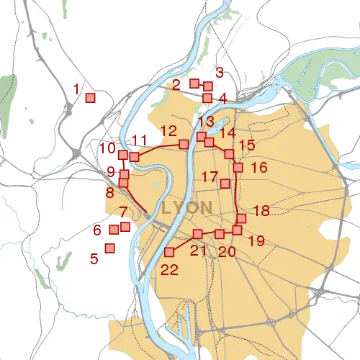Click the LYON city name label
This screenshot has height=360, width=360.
pyautogui.click(x=187, y=207)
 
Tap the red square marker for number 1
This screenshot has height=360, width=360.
pyautogui.click(x=91, y=98)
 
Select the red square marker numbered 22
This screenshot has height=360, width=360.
pyautogui.click(x=171, y=252)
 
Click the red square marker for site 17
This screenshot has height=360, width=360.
pyautogui.click(x=225, y=184)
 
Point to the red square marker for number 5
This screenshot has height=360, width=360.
pyautogui.click(x=110, y=248)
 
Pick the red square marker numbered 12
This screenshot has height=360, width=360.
pyautogui.click(x=184, y=144)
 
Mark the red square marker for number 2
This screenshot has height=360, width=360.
pyautogui.click(x=194, y=84)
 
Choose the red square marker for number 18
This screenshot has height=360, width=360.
pyautogui.click(x=242, y=218)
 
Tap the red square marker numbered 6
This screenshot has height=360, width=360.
pyautogui.click(x=113, y=230)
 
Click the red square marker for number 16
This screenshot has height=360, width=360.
pyautogui.click(x=238, y=168)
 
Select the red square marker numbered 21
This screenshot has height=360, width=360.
pyautogui.click(x=198, y=234)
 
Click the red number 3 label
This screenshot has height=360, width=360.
pyautogui.click(x=220, y=72)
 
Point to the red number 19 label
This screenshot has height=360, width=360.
pyautogui.click(x=256, y=241)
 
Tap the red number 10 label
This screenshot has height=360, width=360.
pyautogui.click(x=107, y=148)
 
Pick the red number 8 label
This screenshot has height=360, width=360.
pyautogui.click(x=109, y=193)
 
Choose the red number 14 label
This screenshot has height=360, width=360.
pyautogui.click(x=228, y=132)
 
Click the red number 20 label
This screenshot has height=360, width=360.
pyautogui.click(x=228, y=251)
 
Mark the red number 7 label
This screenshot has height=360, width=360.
pyautogui.click(x=123, y=212)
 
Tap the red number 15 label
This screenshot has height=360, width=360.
pyautogui.click(x=247, y=145)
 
